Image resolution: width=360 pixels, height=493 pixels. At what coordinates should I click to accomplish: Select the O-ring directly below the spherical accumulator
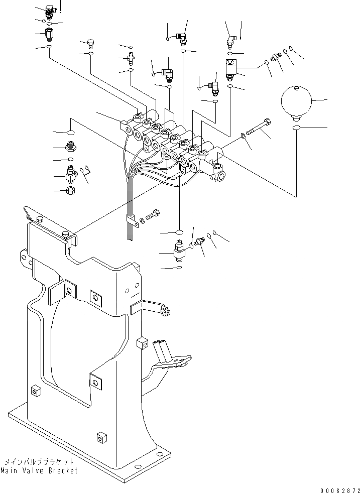tap(296, 130)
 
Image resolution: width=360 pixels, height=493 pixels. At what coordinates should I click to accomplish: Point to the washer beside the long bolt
tap(243, 135)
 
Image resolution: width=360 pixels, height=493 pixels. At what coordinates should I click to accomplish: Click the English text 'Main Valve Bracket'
tap(39, 470)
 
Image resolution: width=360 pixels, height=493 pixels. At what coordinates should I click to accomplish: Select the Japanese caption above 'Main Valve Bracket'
tap(39, 461)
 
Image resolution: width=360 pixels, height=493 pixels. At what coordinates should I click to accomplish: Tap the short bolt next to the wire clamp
tap(153, 214)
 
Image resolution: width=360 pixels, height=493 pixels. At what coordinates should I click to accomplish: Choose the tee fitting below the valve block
tap(179, 250)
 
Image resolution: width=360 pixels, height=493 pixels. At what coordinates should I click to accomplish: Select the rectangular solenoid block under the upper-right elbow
tap(231, 68)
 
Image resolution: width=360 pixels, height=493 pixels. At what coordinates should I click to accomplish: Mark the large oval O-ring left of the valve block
tap(71, 133)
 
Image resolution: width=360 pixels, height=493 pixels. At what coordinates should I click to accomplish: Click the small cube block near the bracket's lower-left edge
tap(36, 391)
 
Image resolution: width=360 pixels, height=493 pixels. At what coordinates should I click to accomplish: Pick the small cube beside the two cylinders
tap(141, 343)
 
